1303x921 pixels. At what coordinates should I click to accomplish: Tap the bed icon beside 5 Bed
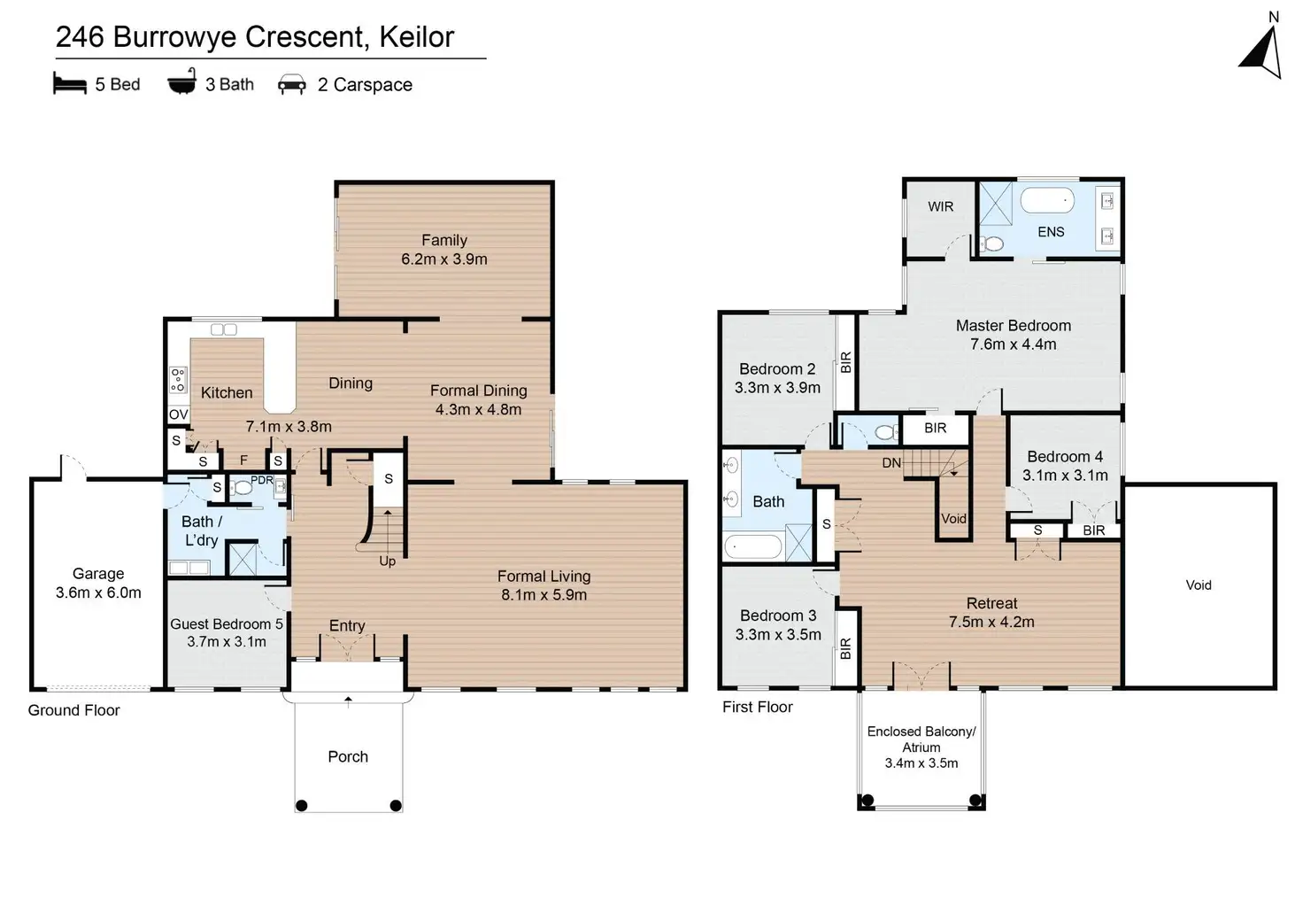70,84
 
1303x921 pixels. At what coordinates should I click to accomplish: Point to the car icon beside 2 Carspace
292,85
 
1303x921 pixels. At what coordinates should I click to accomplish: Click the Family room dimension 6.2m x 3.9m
444,259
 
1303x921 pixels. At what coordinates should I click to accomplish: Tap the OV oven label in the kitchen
178,414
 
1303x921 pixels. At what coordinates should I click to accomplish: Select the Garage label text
98,574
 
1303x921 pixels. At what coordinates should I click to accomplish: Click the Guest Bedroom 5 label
227,624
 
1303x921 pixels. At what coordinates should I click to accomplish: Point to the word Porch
348,757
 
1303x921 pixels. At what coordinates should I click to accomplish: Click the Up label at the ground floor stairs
388,561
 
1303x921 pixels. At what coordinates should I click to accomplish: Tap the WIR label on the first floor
941,207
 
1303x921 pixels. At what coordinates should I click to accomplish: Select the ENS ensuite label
1051,232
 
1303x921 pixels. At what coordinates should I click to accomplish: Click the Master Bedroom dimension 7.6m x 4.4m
1014,344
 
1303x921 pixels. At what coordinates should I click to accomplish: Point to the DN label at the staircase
891,463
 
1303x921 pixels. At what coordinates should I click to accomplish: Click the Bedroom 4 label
1065,457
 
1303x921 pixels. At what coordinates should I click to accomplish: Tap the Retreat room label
991,603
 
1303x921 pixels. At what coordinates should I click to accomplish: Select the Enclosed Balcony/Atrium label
921,739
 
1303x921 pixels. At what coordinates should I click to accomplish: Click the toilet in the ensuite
993,243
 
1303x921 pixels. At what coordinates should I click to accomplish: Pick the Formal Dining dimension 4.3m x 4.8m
478,410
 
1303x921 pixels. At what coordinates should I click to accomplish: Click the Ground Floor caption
73,710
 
